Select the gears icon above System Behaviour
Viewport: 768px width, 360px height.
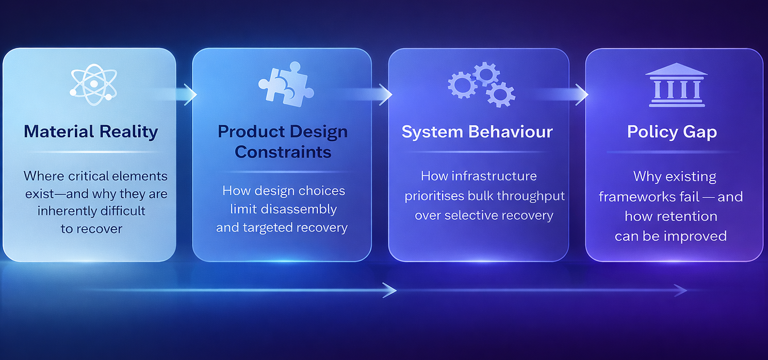click(x=481, y=85)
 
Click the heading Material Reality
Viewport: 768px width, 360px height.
click(x=91, y=132)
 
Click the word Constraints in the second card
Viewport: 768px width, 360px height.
click(x=283, y=152)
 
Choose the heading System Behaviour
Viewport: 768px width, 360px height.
click(x=477, y=132)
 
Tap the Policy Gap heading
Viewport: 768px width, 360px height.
click(x=672, y=132)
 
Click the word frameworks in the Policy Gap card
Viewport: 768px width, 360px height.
click(x=642, y=197)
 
